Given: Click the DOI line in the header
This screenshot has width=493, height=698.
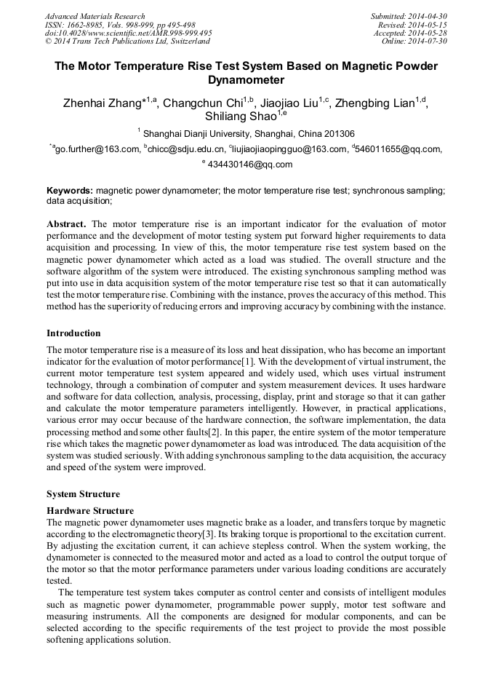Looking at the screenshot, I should pyautogui.click(x=129, y=33).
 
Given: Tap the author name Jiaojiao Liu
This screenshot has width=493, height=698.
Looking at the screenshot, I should pyautogui.click(x=289, y=103).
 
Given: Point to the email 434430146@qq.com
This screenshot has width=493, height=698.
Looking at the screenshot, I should pyautogui.click(x=250, y=164).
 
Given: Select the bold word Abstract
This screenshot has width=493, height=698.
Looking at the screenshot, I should pyautogui.click(x=66, y=224).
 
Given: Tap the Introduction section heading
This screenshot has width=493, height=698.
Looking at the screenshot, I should pyautogui.click(x=73, y=333).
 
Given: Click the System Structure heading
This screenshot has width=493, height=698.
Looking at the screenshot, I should pyautogui.click(x=83, y=494).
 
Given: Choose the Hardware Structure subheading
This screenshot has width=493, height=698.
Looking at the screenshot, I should pyautogui.click(x=90, y=511).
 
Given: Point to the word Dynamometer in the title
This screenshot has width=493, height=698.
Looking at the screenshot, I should pyautogui.click(x=246, y=80).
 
